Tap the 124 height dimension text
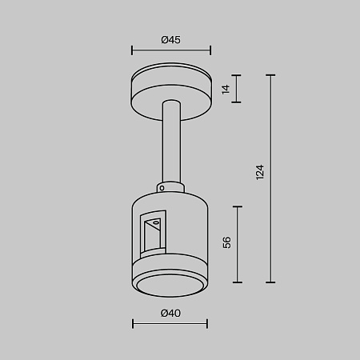pyautogui.click(x=260, y=172)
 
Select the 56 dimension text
pyautogui.click(x=227, y=243)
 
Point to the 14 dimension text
pyautogui.click(x=226, y=90)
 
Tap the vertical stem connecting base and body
pyautogui.click(x=170, y=144)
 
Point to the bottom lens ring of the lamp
pyautogui.click(x=170, y=285)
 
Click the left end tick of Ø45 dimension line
pyautogui.click(x=131, y=50)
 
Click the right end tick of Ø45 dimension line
pyautogui.click(x=210, y=50)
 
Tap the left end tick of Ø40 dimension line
pyautogui.click(x=132, y=324)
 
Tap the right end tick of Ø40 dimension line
pyautogui.click(x=207, y=324)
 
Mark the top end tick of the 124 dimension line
pyautogui.click(x=271, y=76)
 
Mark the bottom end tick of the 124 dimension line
pyautogui.click(x=271, y=282)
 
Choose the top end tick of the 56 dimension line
pyautogui.click(x=238, y=206)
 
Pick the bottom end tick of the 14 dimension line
pyautogui.click(x=238, y=102)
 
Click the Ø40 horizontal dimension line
pyautogui.click(x=170, y=324)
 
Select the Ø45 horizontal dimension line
pyautogui.click(x=170, y=50)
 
